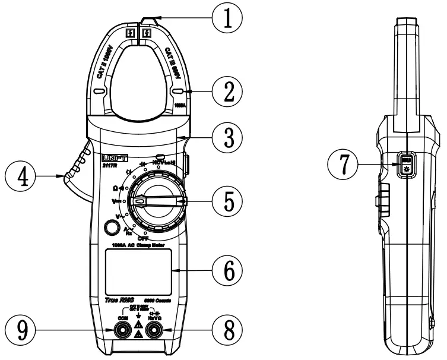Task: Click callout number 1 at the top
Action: tap(228, 18)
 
